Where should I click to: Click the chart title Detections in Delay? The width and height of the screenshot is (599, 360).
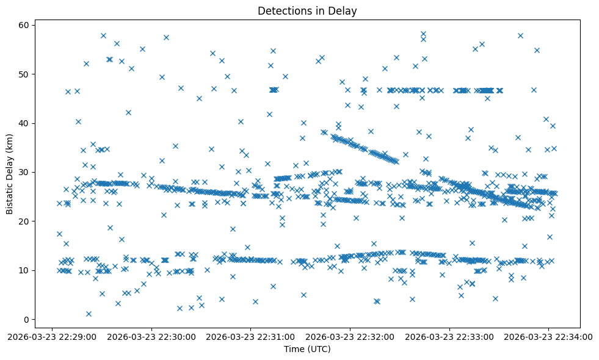307,11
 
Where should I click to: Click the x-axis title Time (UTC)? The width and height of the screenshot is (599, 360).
307,349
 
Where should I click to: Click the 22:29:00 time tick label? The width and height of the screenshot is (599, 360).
52,336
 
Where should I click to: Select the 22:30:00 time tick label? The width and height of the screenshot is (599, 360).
151,336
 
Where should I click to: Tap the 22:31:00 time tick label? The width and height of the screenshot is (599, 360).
251,336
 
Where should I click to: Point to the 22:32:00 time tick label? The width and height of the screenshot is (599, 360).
350,336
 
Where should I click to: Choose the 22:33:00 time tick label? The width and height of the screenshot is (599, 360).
450,336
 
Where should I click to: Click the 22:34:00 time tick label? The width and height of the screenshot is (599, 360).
550,336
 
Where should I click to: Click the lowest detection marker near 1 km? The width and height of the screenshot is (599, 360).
89,314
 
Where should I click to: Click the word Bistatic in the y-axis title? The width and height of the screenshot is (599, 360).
10,195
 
